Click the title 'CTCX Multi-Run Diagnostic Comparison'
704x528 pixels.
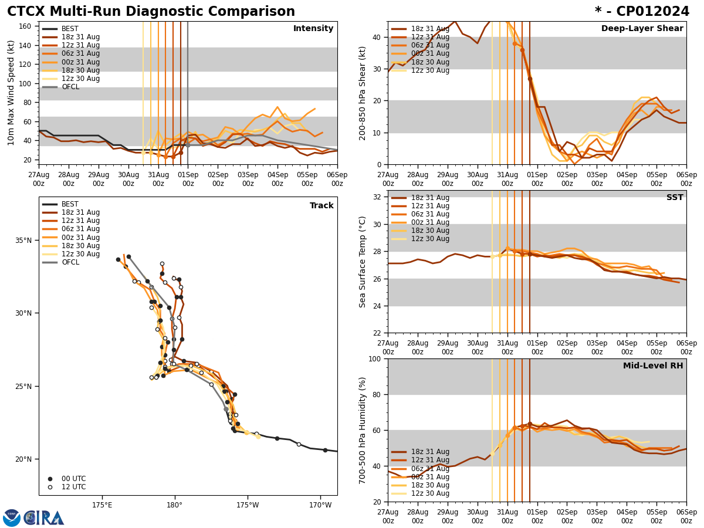click(151, 12)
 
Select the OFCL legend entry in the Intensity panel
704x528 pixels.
click(70, 87)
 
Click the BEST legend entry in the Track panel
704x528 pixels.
click(70, 204)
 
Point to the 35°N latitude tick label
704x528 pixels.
click(24, 241)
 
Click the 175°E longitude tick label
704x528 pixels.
click(102, 505)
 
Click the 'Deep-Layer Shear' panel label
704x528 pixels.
click(642, 29)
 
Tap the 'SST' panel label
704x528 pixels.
click(675, 198)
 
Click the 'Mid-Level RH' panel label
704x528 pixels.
click(653, 366)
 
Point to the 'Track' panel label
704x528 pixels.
click(321, 206)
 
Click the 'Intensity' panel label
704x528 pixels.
click(313, 29)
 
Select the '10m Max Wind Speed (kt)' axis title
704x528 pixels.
click(12, 93)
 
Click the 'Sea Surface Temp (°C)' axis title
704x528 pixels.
click(363, 262)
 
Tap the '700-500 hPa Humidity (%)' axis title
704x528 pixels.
click(363, 430)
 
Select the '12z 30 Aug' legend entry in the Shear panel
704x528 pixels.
click(429, 70)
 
